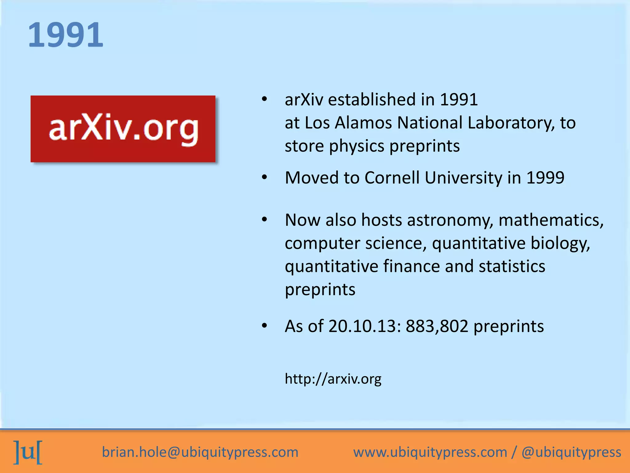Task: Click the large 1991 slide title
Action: coord(66,35)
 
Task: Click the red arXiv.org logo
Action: coord(123,129)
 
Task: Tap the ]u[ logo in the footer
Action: coord(28,452)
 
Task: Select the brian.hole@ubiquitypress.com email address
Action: coord(200,452)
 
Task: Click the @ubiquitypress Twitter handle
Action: coord(571,452)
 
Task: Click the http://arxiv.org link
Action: coord(333,378)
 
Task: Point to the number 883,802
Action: coord(437,326)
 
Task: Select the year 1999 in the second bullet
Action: coord(545,178)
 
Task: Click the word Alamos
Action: coord(363,123)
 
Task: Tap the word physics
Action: coord(357,146)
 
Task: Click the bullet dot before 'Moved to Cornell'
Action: coord(264,177)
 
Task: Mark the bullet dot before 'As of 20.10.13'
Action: coord(264,326)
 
